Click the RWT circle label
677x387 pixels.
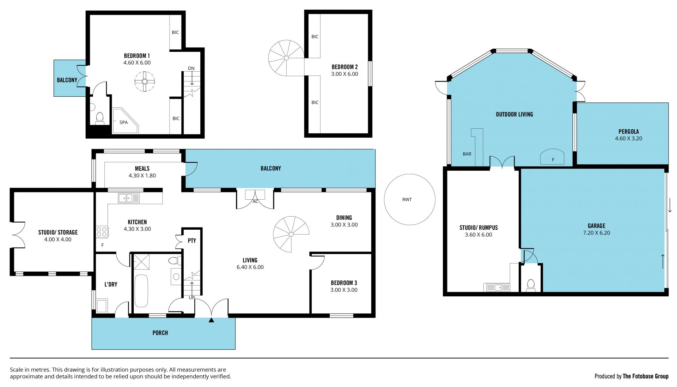click(x=407, y=200)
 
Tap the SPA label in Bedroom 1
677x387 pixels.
click(x=123, y=122)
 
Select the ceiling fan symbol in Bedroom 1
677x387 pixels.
click(x=145, y=81)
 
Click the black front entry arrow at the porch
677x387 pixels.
click(x=211, y=320)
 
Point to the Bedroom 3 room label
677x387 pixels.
click(x=344, y=283)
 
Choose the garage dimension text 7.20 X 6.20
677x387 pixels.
click(x=597, y=233)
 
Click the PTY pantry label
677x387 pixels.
click(x=192, y=241)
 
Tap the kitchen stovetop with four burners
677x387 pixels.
click(x=102, y=232)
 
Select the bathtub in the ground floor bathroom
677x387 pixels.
click(x=142, y=291)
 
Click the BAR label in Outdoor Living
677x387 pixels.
click(x=467, y=154)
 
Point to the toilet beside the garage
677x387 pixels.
click(x=531, y=285)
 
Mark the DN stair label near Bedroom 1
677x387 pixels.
click(x=191, y=68)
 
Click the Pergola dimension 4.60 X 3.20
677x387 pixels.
click(x=629, y=139)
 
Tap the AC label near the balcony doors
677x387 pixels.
click(x=255, y=202)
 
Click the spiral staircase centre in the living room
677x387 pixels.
click(x=291, y=234)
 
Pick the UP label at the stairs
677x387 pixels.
click(x=192, y=297)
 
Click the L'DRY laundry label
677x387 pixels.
click(x=111, y=284)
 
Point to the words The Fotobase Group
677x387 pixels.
click(x=646, y=376)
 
